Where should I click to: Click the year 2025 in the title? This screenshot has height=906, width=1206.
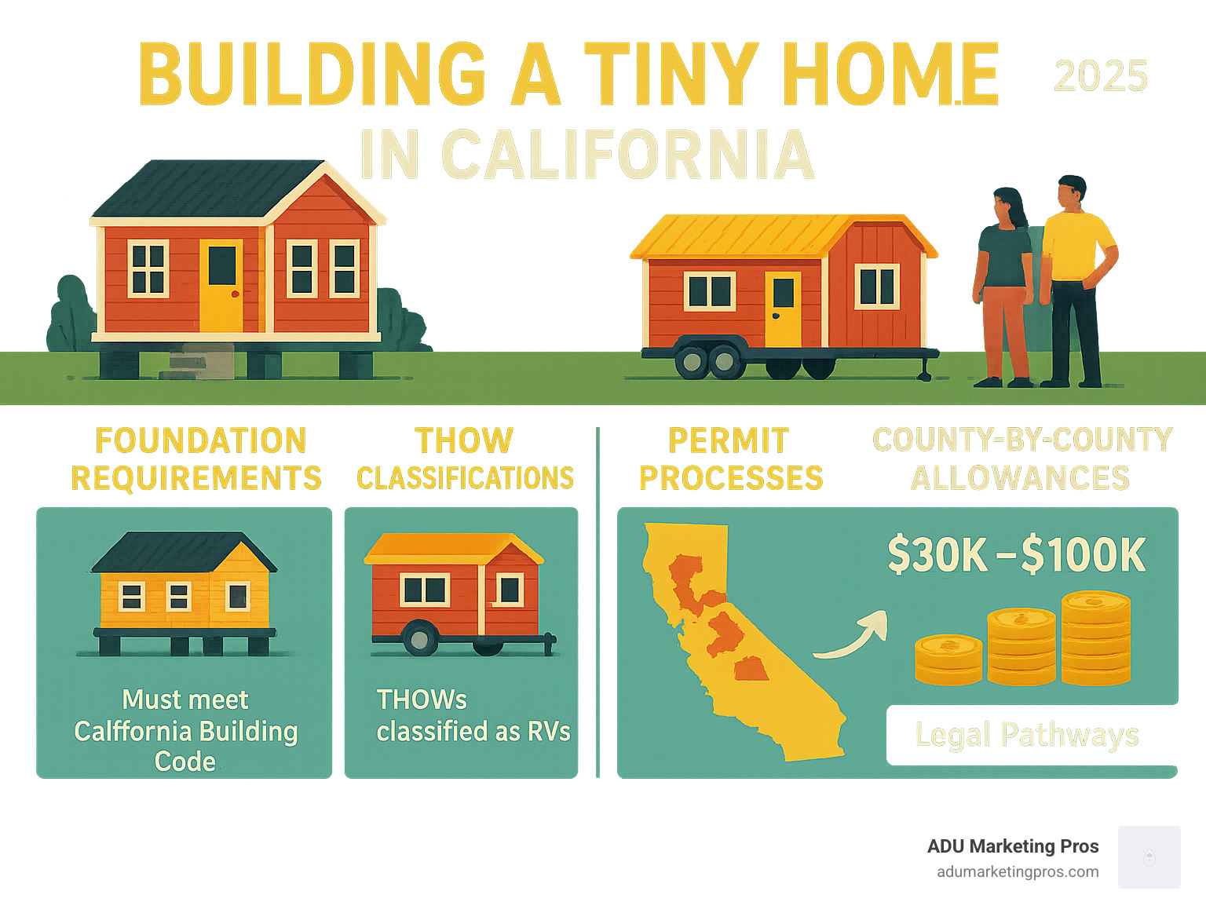tap(1101, 76)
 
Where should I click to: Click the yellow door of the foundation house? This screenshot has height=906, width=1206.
tap(221, 285)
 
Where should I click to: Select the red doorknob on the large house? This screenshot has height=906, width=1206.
tap(236, 294)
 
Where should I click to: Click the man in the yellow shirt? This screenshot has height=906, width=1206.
tap(1076, 281)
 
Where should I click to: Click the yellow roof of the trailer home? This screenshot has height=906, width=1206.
tap(782, 236)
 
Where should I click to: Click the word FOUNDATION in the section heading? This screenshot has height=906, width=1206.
tap(200, 440)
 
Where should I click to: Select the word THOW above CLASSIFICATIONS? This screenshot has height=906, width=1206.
tap(464, 440)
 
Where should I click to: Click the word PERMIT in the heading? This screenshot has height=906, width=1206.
tap(729, 440)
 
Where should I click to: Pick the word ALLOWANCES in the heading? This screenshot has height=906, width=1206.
tap(1020, 477)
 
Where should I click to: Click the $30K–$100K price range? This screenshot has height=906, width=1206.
tap(1017, 556)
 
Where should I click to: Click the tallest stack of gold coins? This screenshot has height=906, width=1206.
tap(1095, 637)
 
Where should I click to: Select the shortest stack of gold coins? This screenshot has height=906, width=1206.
tap(948, 659)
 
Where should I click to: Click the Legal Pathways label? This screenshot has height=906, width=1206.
tap(1027, 735)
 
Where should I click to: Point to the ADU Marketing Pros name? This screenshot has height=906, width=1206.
tap(1013, 846)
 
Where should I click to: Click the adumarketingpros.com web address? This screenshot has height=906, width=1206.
tap(1018, 872)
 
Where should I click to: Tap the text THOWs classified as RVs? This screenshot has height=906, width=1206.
tap(473, 715)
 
